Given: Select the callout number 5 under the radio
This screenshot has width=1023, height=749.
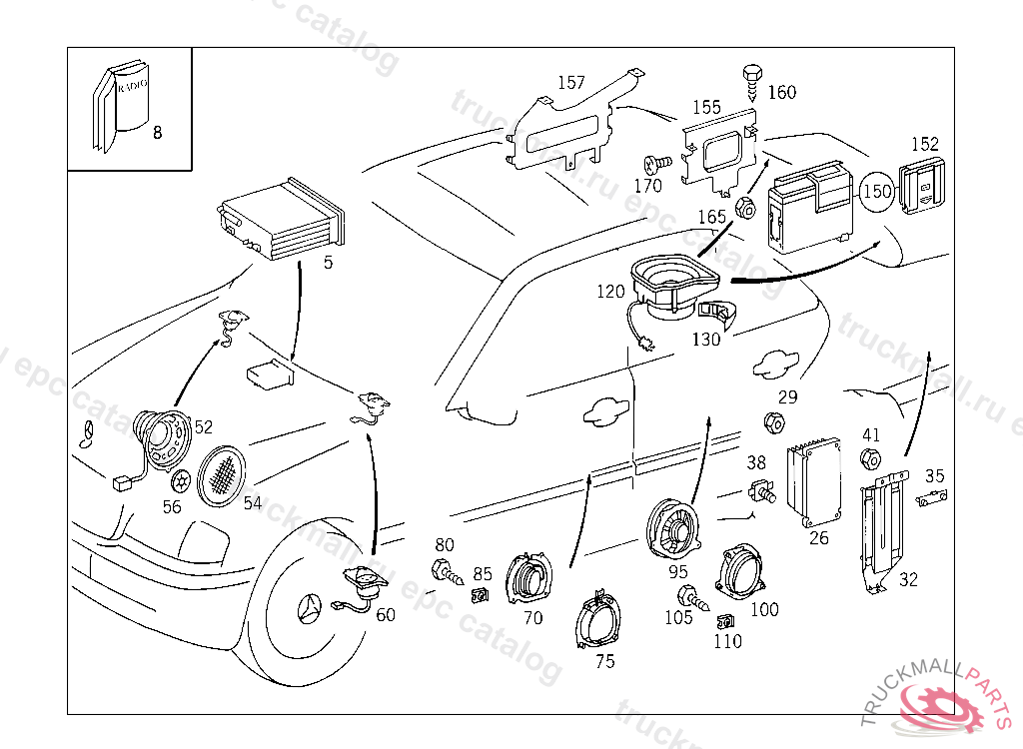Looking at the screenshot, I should [x=328, y=263].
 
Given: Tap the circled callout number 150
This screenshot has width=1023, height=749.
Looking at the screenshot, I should [x=876, y=191].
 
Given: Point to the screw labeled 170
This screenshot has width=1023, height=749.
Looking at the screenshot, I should [x=656, y=165].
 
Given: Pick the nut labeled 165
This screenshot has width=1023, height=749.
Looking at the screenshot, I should [x=744, y=209].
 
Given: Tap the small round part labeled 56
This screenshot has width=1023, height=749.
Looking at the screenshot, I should [x=180, y=480].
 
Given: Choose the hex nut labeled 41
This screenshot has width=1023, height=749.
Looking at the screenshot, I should [x=870, y=460].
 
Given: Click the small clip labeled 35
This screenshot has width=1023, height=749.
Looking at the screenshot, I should [x=931, y=497].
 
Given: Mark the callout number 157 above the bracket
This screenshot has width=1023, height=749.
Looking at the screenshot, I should [x=570, y=83].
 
